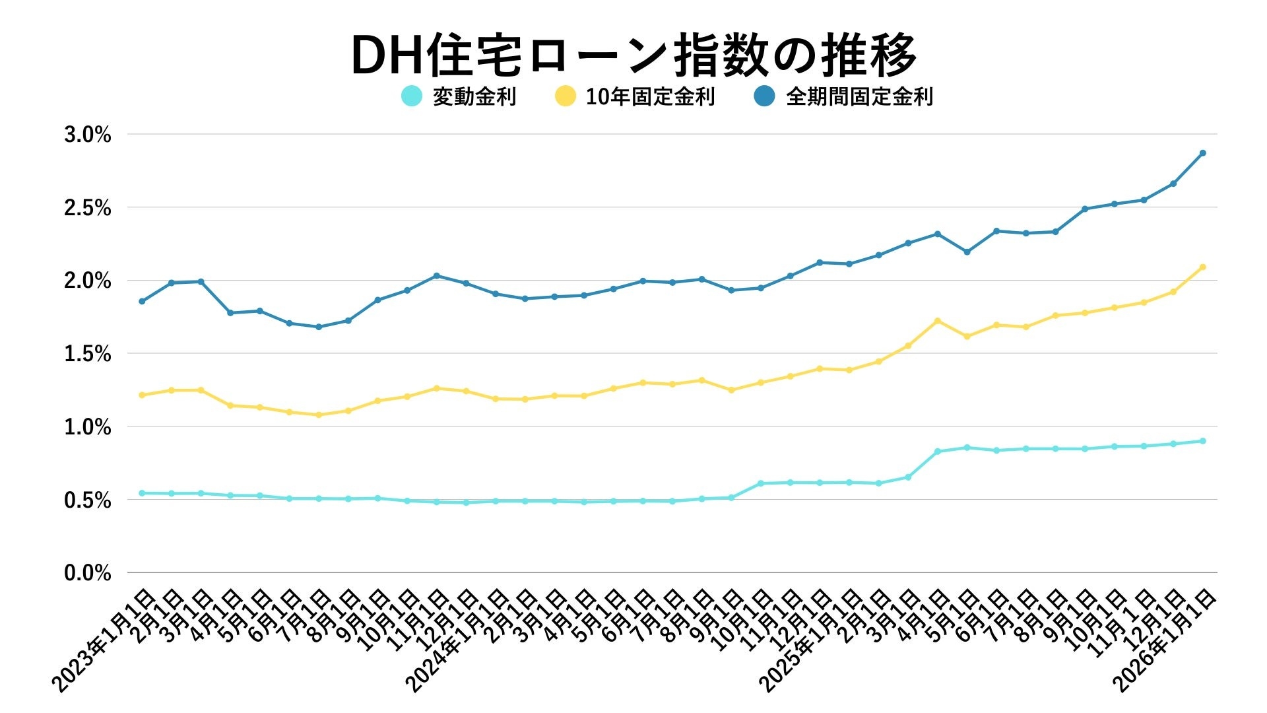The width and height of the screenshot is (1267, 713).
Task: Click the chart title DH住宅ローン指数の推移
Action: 633,55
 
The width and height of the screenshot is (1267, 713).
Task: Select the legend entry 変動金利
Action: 474,96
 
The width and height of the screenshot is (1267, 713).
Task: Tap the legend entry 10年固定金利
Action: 650,96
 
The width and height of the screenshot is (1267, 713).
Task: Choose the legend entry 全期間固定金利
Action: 859,96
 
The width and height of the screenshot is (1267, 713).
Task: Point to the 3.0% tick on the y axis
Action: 87,135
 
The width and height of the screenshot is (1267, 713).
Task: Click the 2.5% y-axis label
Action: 87,208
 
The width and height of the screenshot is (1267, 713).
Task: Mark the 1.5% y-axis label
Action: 87,354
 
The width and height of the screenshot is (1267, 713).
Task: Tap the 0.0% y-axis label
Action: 87,573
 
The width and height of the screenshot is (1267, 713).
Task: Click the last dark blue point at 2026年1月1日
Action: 1202,153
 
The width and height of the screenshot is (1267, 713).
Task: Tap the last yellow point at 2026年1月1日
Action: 1202,267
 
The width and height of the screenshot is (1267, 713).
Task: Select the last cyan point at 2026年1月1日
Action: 1202,441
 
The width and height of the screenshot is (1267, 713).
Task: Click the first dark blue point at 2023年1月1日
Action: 142,301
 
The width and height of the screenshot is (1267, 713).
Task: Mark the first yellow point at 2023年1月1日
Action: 142,395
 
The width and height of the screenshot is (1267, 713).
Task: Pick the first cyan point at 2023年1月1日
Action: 142,493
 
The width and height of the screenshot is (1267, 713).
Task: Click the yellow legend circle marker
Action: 566,96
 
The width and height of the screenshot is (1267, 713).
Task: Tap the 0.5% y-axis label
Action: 87,500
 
